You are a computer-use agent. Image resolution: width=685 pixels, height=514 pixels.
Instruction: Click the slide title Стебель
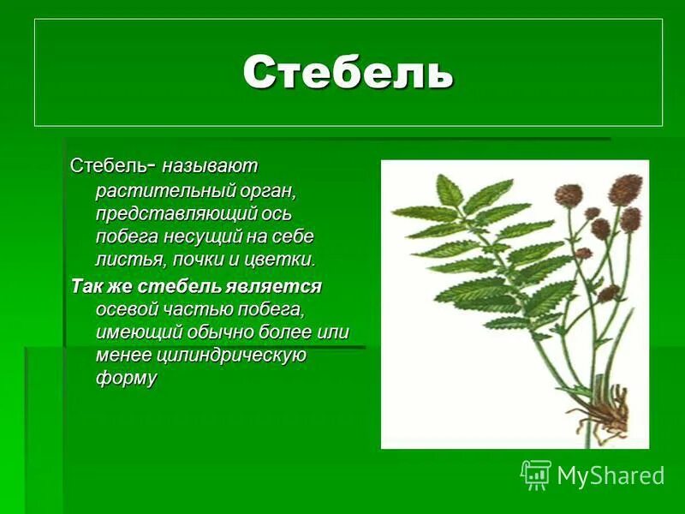pyautogui.click(x=348, y=73)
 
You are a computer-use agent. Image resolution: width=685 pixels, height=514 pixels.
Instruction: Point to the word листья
pyautogui.click(x=125, y=258)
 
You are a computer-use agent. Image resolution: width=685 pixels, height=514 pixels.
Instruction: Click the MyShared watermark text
pyautogui.click(x=611, y=475)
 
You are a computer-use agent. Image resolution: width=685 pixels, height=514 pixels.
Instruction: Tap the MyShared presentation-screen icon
pyautogui.click(x=536, y=475)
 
